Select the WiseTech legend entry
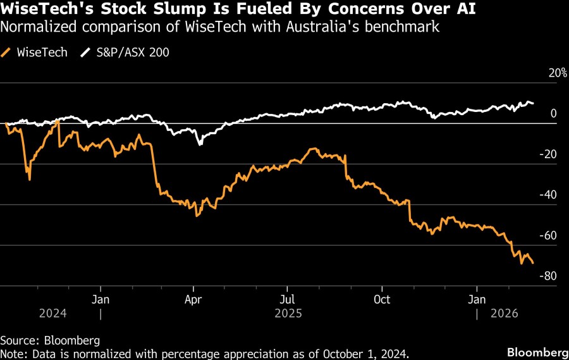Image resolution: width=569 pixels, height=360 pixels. (x=39, y=53)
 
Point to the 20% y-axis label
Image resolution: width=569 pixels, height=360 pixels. (x=557, y=73)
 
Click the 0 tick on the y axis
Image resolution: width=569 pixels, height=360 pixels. (x=553, y=114)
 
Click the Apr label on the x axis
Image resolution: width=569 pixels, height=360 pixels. (x=193, y=298)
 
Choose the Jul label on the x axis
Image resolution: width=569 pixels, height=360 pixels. (x=288, y=298)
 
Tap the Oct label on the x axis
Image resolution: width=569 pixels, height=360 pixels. (x=382, y=298)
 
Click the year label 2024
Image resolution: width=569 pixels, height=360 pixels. (x=52, y=313)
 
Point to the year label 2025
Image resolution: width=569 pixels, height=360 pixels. (x=288, y=313)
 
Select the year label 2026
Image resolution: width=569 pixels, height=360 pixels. (x=505, y=313)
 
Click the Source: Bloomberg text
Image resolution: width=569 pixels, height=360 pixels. (x=50, y=340)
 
